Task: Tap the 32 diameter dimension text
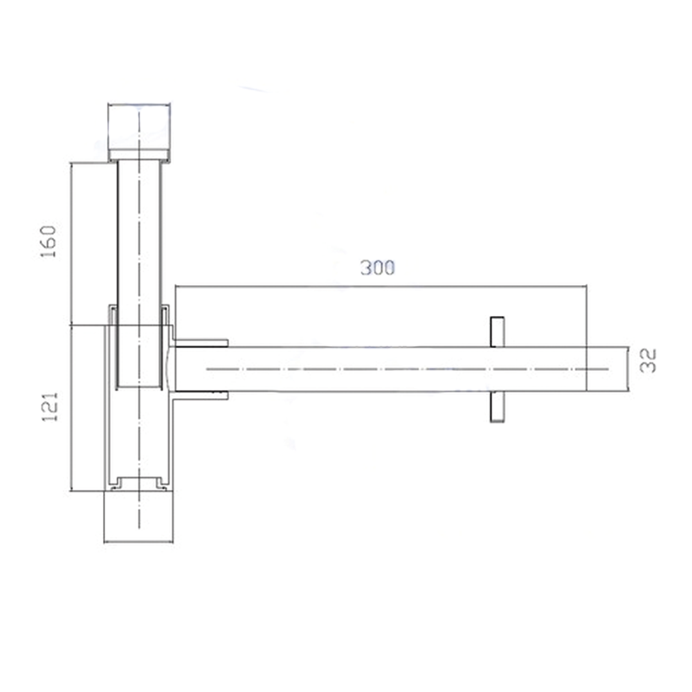point(648,361)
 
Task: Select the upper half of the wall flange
point(497,331)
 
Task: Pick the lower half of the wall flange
point(497,406)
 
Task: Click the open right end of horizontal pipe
point(627,369)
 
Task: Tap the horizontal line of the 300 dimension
point(381,285)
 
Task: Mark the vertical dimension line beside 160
point(72,242)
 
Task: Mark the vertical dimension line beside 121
point(72,408)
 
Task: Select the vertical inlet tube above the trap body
point(139,228)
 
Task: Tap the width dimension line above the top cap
point(139,105)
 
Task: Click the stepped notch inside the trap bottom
point(139,479)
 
